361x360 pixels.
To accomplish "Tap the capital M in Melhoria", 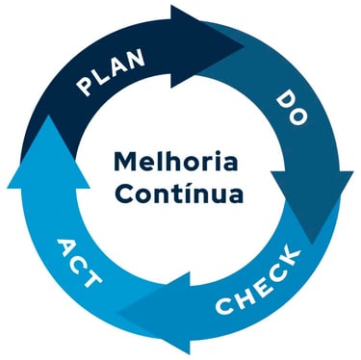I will pos(124,159).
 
